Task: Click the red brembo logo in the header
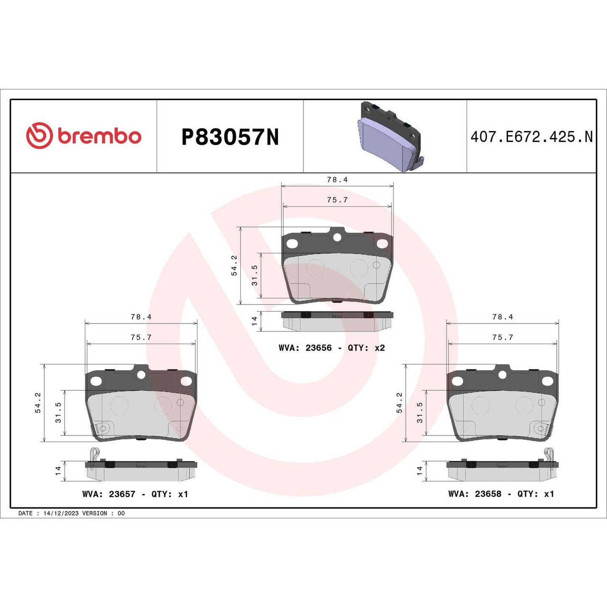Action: tap(84, 136)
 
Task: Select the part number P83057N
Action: tap(230, 137)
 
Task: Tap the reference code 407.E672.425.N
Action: tap(531, 137)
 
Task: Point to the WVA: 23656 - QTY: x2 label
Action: tap(331, 348)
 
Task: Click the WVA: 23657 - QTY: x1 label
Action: tap(135, 494)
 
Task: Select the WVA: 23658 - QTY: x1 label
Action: tap(501, 494)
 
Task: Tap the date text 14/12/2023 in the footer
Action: tap(61, 513)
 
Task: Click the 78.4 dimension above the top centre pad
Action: tap(337, 180)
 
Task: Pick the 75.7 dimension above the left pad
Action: tap(141, 337)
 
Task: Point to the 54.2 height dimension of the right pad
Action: tap(399, 402)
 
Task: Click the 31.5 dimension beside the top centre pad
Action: tap(255, 275)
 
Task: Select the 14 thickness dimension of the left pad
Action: tap(58, 470)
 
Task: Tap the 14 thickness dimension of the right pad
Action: tap(419, 470)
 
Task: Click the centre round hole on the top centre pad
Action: tap(337, 238)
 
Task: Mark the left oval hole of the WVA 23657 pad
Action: tap(96, 381)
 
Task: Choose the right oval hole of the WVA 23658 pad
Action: tap(547, 381)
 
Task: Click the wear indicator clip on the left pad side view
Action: tap(95, 455)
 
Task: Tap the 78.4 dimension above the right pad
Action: tap(502, 317)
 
